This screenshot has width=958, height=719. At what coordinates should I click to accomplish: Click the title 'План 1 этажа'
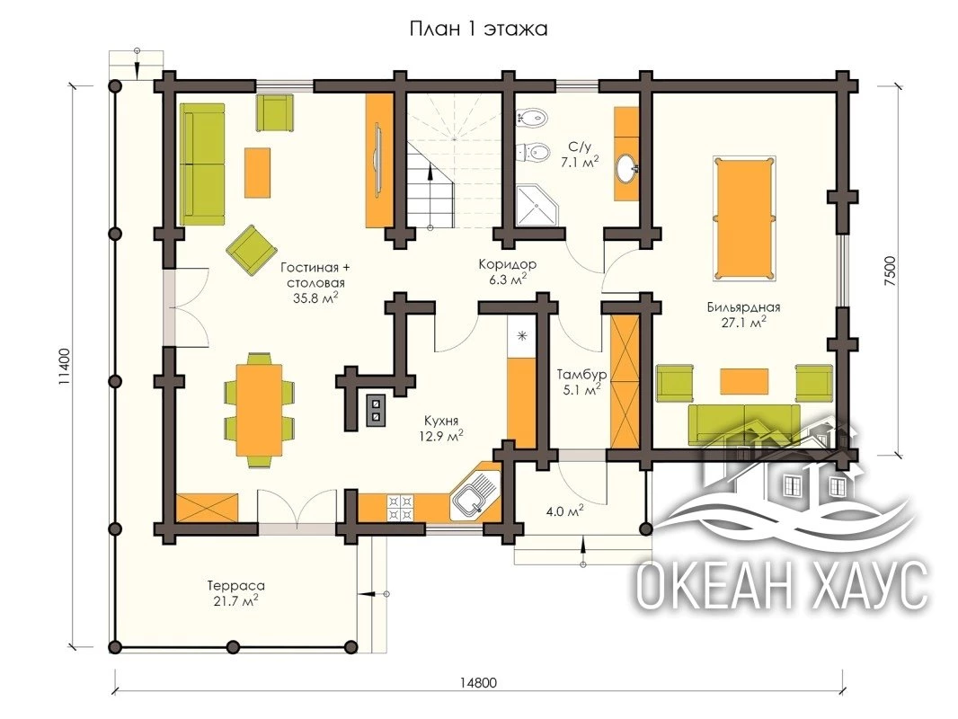(x=478, y=29)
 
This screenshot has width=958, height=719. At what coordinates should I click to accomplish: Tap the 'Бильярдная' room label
(x=743, y=307)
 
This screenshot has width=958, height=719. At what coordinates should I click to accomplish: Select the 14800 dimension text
(x=478, y=683)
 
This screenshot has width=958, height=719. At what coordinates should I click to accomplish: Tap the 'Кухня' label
(x=441, y=421)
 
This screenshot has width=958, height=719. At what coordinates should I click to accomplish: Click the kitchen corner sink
(x=474, y=497)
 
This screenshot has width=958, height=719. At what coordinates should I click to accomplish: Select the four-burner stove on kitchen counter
(x=400, y=508)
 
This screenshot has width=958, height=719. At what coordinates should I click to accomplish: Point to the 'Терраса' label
(x=235, y=586)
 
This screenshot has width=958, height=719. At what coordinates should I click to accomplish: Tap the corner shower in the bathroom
(x=537, y=205)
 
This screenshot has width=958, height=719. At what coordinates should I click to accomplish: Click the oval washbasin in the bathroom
(x=626, y=168)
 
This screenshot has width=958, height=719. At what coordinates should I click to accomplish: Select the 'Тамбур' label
(x=581, y=374)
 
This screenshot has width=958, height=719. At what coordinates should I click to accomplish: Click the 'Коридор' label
(x=507, y=264)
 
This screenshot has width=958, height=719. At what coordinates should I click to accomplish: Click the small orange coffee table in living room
(x=257, y=173)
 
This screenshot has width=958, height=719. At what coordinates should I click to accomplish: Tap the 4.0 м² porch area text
(x=564, y=510)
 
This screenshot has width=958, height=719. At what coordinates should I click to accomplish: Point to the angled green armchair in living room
(x=251, y=249)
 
